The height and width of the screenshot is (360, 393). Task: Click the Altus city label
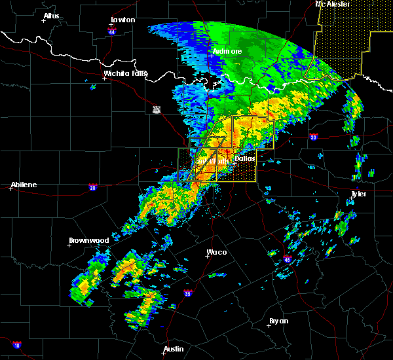[51, 16]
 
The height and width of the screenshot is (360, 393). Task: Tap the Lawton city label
[122, 20]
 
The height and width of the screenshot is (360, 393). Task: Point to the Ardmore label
[227, 51]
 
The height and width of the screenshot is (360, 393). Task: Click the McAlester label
[333, 4]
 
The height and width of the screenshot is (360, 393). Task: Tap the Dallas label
[245, 158]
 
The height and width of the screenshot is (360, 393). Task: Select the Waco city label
[217, 252]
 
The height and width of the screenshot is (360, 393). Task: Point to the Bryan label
[278, 321]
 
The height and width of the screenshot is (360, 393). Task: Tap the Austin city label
[173, 349]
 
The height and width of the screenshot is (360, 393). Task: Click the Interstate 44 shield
[112, 31]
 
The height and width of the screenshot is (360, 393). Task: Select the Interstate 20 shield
[92, 187]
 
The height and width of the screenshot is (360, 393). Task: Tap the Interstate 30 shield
[314, 137]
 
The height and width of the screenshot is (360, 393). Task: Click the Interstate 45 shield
[288, 260]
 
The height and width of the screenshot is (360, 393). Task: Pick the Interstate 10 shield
[16, 345]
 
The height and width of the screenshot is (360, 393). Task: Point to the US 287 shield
[156, 109]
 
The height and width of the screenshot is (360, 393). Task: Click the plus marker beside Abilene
[11, 189]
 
